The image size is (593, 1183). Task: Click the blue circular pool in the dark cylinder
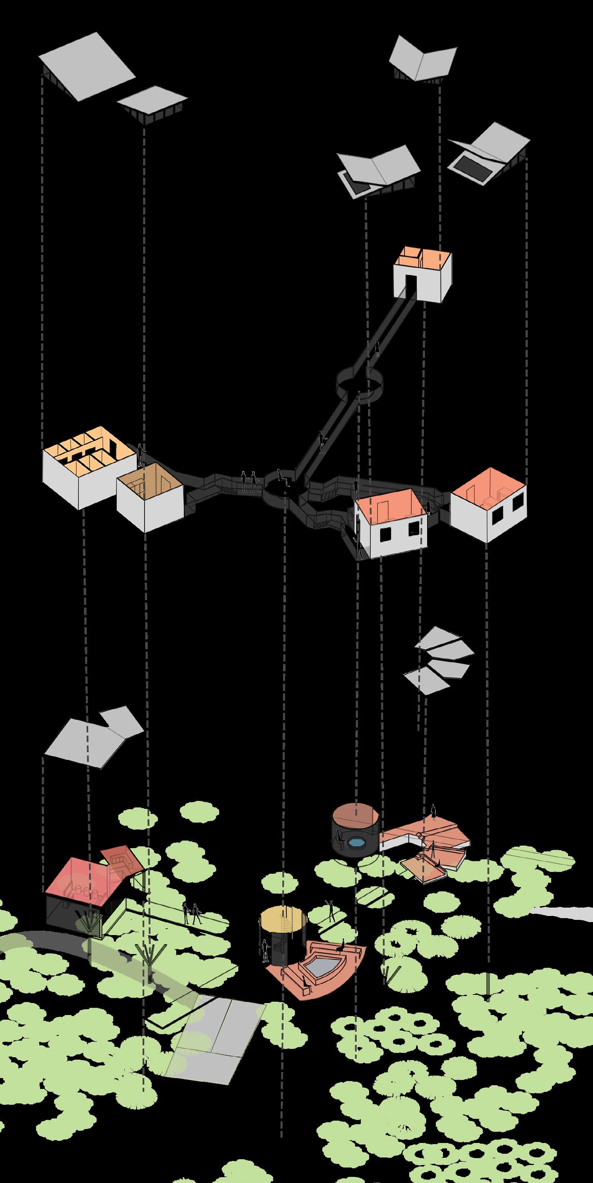357,843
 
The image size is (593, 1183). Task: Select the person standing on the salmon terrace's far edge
433,812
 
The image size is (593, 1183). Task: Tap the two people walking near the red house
191,914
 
